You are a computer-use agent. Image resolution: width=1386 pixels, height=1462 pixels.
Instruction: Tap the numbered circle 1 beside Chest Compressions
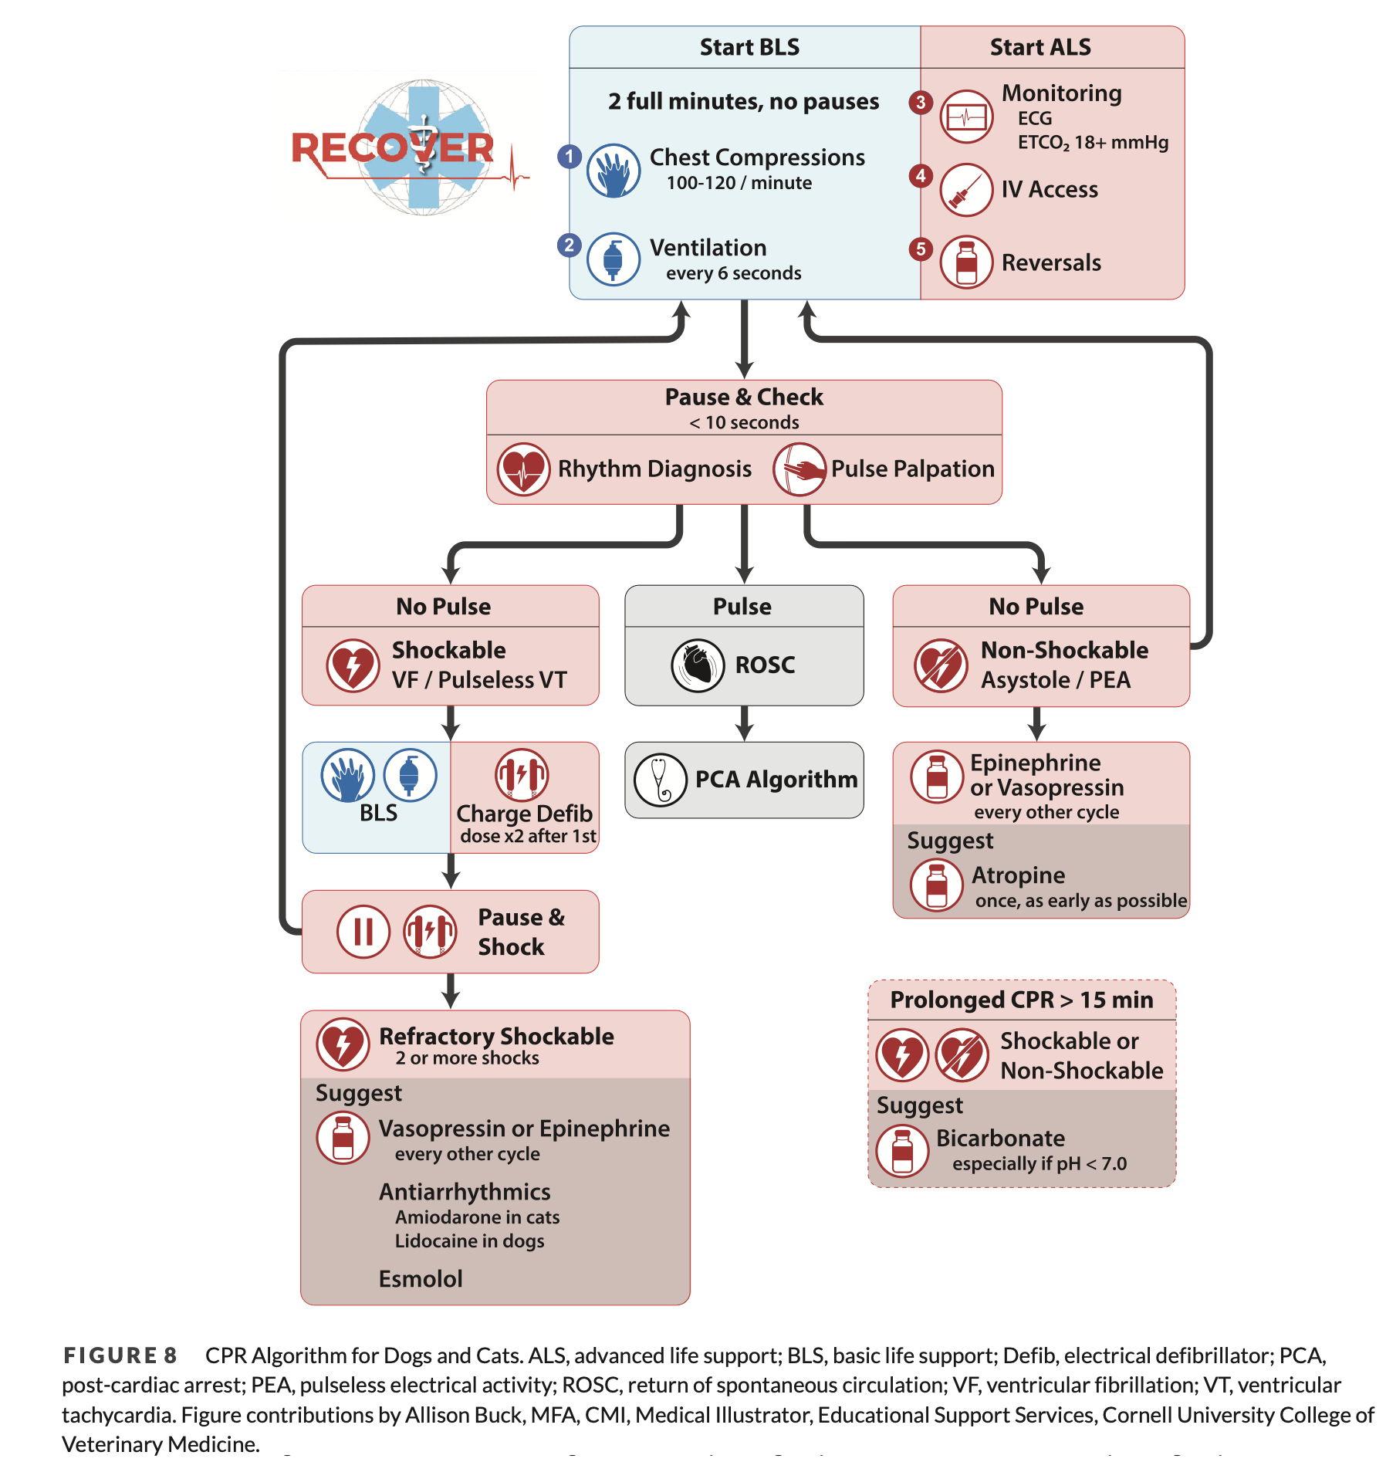click(x=570, y=157)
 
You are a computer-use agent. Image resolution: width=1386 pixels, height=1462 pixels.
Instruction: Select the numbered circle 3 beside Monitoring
click(x=920, y=102)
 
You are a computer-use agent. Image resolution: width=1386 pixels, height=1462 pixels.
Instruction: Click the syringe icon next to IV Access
click(x=966, y=190)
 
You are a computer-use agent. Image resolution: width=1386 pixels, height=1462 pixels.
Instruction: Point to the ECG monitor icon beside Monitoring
click(x=966, y=117)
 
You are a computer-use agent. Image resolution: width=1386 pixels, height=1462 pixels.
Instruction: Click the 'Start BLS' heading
click(x=749, y=47)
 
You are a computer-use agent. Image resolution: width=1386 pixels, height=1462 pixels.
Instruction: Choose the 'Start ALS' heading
click(x=1039, y=47)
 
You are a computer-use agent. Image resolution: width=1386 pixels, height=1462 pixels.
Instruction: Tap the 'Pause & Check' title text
click(x=744, y=397)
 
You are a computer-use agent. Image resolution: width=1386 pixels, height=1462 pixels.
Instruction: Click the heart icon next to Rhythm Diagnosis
click(x=523, y=469)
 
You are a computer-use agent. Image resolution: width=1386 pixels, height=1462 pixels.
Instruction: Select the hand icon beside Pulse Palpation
click(x=799, y=469)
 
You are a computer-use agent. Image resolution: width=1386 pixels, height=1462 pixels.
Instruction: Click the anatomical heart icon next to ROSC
click(x=698, y=665)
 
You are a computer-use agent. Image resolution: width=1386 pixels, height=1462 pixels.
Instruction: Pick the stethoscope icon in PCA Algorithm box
click(x=660, y=780)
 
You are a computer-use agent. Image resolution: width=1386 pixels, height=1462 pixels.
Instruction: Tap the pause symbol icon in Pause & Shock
click(x=363, y=932)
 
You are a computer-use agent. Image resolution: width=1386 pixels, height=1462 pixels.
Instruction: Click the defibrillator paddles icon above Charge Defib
click(x=522, y=774)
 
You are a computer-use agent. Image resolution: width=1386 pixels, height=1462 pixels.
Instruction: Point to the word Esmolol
click(x=421, y=1279)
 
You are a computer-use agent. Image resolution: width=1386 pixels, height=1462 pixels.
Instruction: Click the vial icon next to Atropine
click(x=936, y=885)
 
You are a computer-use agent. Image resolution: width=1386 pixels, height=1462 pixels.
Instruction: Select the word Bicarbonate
click(x=1000, y=1138)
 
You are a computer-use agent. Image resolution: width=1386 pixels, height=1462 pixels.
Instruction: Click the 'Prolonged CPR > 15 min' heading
click(x=1021, y=1000)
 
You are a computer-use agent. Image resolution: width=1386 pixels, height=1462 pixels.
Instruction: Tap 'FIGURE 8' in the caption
click(x=120, y=1355)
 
